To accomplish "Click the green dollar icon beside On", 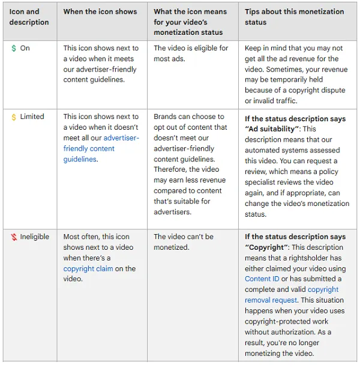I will pyautogui.click(x=14, y=48).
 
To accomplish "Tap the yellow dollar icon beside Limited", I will pyautogui.click(x=14, y=116).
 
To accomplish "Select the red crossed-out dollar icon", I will pyautogui.click(x=14, y=237).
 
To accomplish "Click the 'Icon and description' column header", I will pyautogui.click(x=29, y=17).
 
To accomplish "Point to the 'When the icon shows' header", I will pyautogui.click(x=100, y=11).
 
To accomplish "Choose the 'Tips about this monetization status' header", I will pyautogui.click(x=294, y=17).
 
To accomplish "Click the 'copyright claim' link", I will pyautogui.click(x=88, y=269).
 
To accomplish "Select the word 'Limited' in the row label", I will pyautogui.click(x=32, y=116).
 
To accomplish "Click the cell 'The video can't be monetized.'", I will pyautogui.click(x=184, y=241).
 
